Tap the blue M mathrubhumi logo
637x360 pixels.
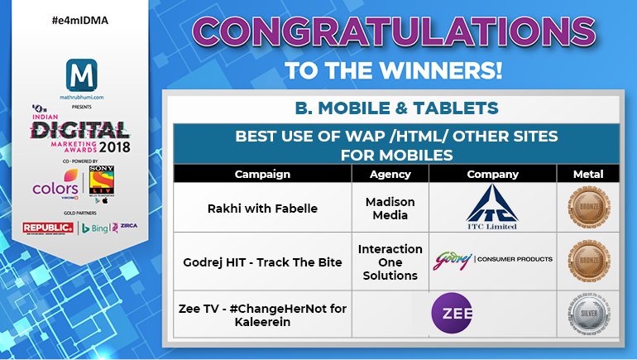click(x=80, y=81)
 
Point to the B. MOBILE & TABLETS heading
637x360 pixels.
click(x=396, y=108)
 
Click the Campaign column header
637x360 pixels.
click(x=262, y=175)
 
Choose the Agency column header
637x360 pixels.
click(x=390, y=175)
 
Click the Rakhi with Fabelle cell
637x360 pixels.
click(x=262, y=208)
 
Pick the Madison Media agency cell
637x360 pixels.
click(x=390, y=208)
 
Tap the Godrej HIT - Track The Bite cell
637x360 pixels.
click(x=262, y=262)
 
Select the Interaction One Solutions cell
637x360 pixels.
click(x=390, y=262)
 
